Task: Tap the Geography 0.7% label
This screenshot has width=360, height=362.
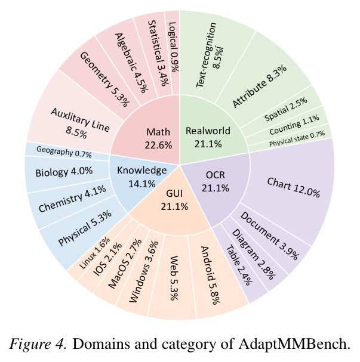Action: (x=64, y=152)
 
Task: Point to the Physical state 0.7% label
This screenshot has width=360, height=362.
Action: (x=297, y=138)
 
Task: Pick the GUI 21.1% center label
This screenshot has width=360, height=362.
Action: (x=174, y=200)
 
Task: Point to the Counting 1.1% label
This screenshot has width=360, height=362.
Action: (x=294, y=125)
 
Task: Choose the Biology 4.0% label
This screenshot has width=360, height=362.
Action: (x=64, y=172)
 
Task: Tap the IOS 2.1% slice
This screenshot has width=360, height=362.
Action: (x=107, y=259)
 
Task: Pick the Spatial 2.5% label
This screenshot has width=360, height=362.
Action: (x=286, y=109)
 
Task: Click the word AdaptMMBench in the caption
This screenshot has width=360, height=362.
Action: (x=294, y=344)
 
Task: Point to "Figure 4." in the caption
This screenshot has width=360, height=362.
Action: (x=38, y=344)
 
